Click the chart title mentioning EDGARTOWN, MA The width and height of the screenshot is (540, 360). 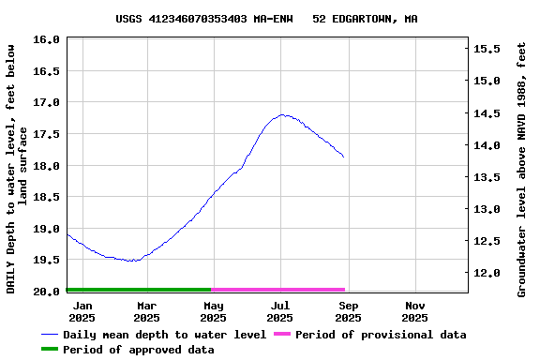[x=267, y=19]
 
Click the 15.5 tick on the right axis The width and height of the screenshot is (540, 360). [x=485, y=48]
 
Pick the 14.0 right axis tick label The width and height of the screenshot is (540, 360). [x=485, y=145]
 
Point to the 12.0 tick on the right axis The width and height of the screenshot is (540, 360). [x=485, y=273]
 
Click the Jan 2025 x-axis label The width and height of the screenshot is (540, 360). [x=82, y=311]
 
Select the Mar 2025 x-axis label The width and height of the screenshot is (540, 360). [x=146, y=311]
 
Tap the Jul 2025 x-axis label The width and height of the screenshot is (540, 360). [x=280, y=311]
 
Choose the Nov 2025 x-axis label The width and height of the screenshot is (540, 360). [x=415, y=311]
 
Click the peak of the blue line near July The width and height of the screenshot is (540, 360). [x=282, y=115]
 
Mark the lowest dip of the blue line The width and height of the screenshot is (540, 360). [x=132, y=261]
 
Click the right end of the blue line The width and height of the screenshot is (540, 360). [x=344, y=157]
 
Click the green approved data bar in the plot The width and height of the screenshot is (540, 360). [x=139, y=290]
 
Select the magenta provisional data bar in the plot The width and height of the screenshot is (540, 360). [x=279, y=290]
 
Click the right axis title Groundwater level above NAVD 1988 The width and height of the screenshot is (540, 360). [x=522, y=169]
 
